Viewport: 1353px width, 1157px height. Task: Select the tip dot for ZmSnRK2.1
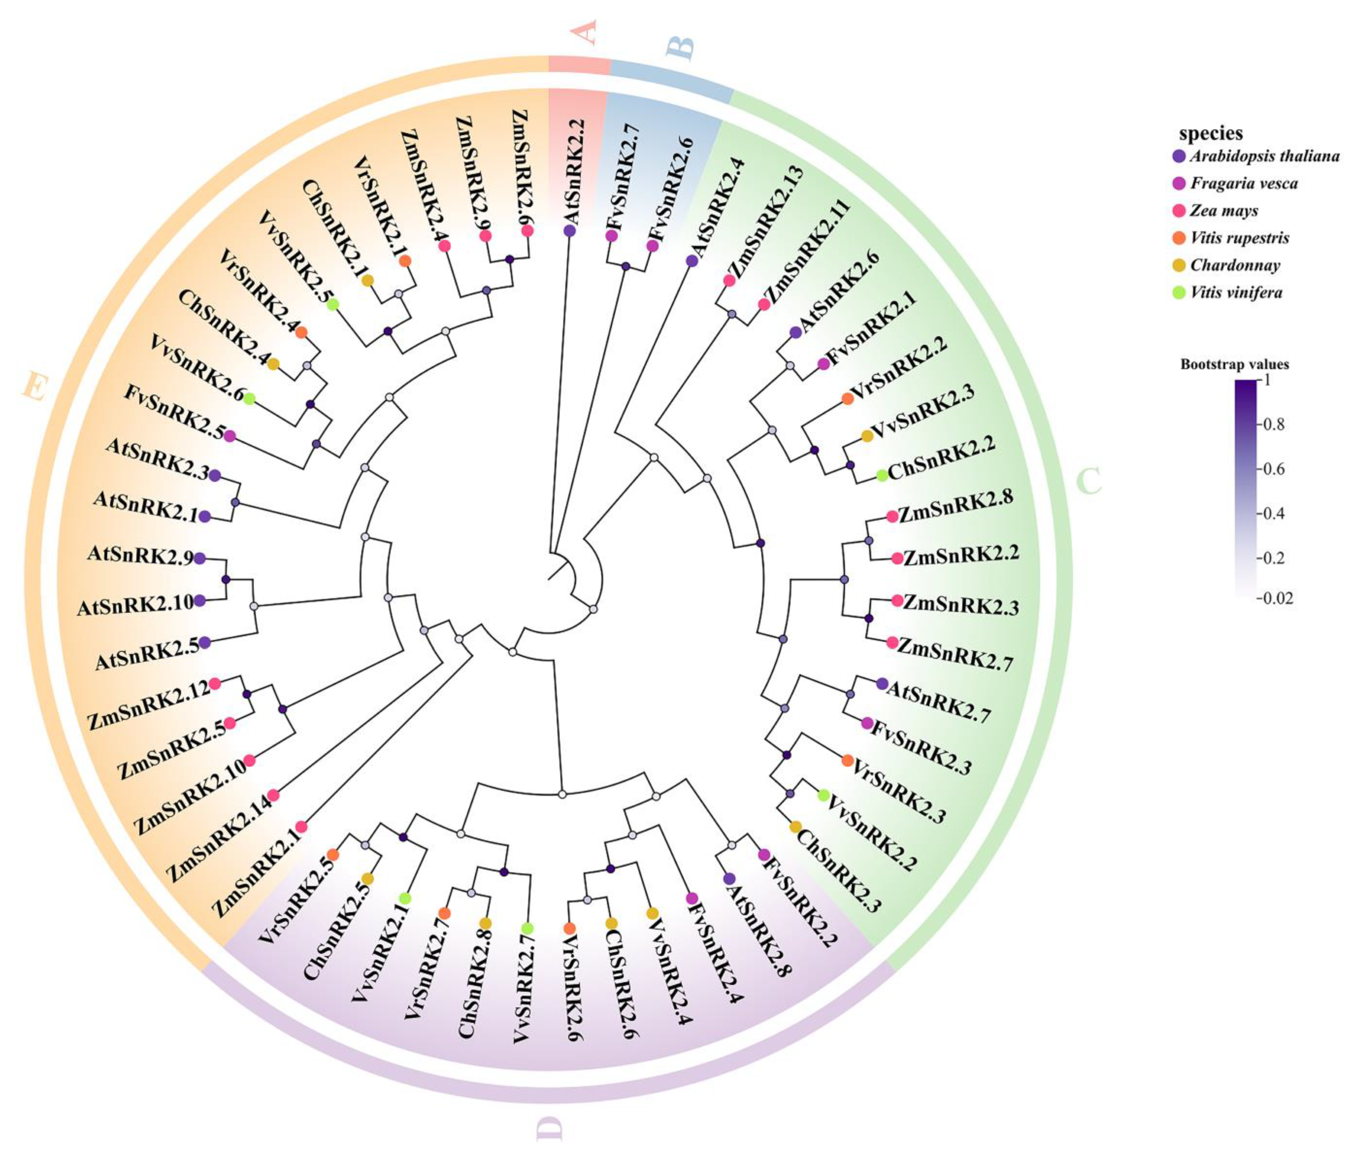click(301, 826)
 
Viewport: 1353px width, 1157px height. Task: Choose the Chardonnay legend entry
click(1234, 265)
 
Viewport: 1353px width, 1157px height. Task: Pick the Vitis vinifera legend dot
click(1179, 292)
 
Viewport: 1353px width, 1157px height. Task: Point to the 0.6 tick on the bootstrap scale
click(1275, 468)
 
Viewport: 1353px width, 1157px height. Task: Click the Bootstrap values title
click(1234, 364)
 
